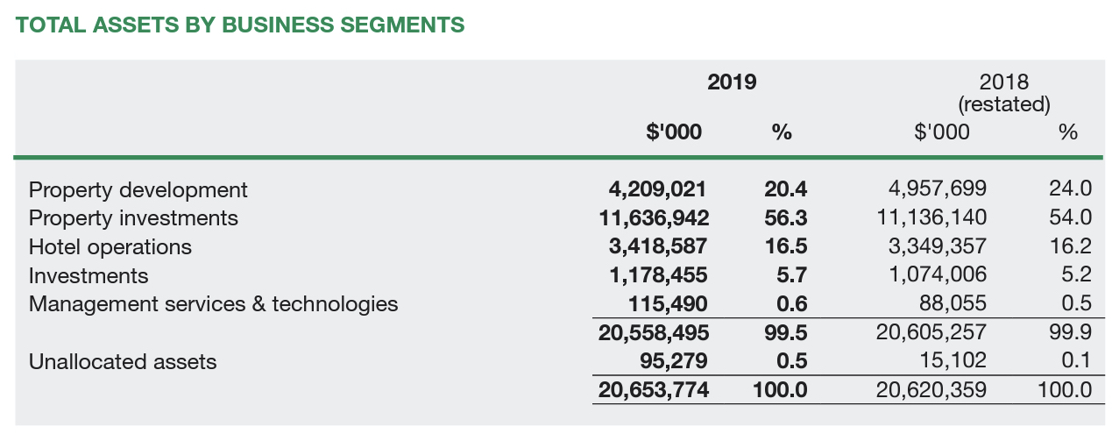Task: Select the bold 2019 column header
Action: [732, 82]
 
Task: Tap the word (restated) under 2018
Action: [1003, 104]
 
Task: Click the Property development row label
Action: [138, 189]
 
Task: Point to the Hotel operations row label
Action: [110, 246]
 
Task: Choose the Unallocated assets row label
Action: [123, 361]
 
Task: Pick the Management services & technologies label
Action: [213, 304]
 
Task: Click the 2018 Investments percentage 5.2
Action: [1076, 275]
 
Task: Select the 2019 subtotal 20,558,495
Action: [654, 332]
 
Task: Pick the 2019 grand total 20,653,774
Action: [654, 389]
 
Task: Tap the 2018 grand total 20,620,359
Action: [931, 389]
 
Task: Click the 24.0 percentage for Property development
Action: [1070, 189]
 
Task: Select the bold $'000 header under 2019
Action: [674, 132]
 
